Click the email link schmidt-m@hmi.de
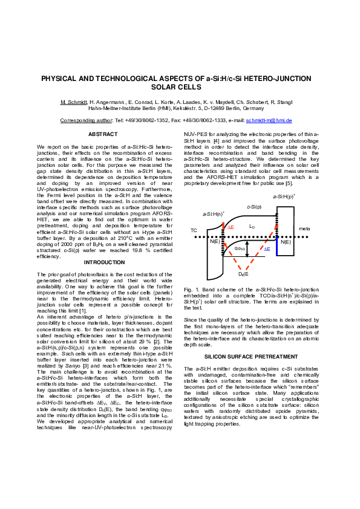click(x=268, y=120)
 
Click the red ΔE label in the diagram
click(x=231, y=227)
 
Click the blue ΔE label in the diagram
click(x=267, y=248)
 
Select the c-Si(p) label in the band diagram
click(x=255, y=207)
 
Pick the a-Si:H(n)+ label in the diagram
click(x=214, y=214)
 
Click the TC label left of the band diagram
click(x=194, y=230)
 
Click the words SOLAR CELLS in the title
click(x=180, y=88)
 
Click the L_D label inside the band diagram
click(x=252, y=226)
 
